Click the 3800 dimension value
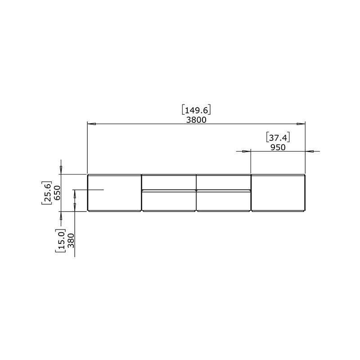pyautogui.click(x=196, y=120)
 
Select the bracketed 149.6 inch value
pyautogui.click(x=196, y=110)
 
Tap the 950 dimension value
pyautogui.click(x=278, y=148)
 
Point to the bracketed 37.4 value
pyautogui.click(x=278, y=138)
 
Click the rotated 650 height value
pyautogui.click(x=57, y=193)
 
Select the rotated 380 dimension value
pyautogui.click(x=72, y=241)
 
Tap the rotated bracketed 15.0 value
pyautogui.click(x=61, y=241)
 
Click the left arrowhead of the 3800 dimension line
pyautogui.click(x=92, y=124)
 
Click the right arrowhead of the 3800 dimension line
pyautogui.click(x=301, y=124)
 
